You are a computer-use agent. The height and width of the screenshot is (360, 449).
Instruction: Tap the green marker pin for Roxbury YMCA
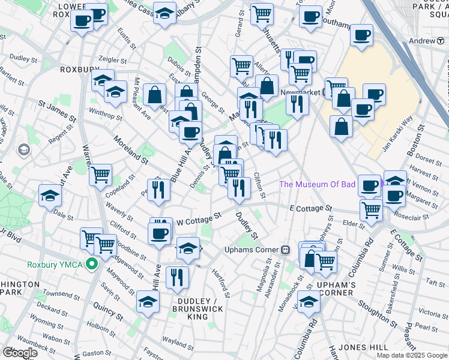(92, 263)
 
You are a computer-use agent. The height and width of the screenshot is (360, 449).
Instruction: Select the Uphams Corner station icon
(286, 249)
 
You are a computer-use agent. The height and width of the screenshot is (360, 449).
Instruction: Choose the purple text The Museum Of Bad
(318, 184)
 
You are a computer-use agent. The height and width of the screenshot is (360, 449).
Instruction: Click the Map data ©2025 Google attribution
(412, 355)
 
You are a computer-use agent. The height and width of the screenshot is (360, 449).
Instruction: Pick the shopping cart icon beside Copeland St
(100, 175)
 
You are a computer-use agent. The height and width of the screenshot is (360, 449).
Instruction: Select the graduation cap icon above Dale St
(50, 194)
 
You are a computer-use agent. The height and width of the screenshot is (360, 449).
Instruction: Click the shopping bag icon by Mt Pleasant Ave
(155, 94)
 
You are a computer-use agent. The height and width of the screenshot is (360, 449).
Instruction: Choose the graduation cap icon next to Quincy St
(148, 302)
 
